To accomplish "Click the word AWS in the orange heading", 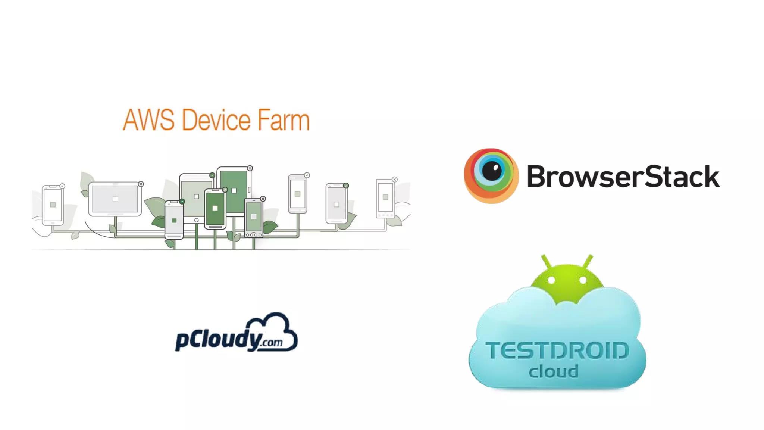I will click(148, 120).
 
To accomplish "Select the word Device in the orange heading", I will click(216, 120).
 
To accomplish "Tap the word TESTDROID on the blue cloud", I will click(557, 351).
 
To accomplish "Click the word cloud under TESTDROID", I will click(554, 371).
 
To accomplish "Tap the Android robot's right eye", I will click(583, 280).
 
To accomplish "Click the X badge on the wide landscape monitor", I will click(141, 184).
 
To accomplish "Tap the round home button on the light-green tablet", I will click(196, 220).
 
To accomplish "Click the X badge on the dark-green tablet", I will click(250, 168).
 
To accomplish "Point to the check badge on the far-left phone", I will click(62, 186).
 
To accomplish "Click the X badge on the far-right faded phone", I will click(395, 180).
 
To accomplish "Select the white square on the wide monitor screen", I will click(115, 199).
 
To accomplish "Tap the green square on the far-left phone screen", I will click(53, 205).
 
